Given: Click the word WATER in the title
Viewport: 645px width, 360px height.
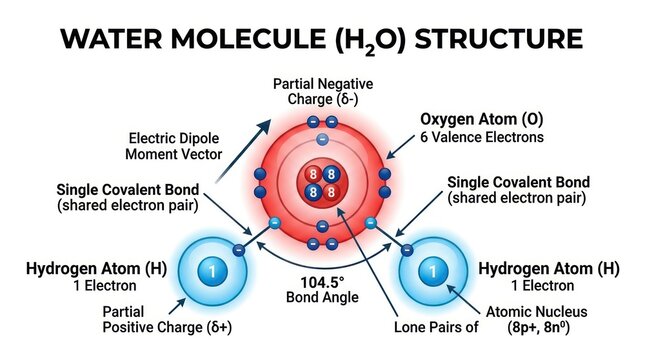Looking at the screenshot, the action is (111, 39).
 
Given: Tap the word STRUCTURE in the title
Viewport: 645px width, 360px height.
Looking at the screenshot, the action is (499, 39).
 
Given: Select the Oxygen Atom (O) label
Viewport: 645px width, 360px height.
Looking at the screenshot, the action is (482, 119).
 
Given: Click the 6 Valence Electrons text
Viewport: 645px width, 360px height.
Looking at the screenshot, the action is (482, 137).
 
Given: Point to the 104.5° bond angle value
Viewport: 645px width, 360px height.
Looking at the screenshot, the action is (322, 283).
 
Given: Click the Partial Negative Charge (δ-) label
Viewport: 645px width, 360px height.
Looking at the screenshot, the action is (323, 91).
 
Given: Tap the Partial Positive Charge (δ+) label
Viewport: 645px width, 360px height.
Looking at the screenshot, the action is (167, 319).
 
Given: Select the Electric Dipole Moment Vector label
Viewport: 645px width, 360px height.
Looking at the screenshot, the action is (174, 146).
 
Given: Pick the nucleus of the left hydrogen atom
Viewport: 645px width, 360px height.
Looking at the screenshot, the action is (212, 272).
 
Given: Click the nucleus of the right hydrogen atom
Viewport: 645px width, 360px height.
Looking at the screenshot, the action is (433, 272).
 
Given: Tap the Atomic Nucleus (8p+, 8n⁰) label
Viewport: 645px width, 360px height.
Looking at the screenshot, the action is (537, 319).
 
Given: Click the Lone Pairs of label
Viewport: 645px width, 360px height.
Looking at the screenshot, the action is (436, 327).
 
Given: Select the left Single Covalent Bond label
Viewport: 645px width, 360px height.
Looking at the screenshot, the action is (128, 197).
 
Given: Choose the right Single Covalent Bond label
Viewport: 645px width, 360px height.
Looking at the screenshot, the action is (518, 190).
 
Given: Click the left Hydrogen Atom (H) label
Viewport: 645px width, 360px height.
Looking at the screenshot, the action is (96, 269).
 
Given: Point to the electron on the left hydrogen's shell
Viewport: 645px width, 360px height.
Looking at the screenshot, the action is (239, 250).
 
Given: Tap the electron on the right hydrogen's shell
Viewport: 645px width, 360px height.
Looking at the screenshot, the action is (406, 250).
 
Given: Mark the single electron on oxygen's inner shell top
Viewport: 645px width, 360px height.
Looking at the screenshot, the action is (322, 139).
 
